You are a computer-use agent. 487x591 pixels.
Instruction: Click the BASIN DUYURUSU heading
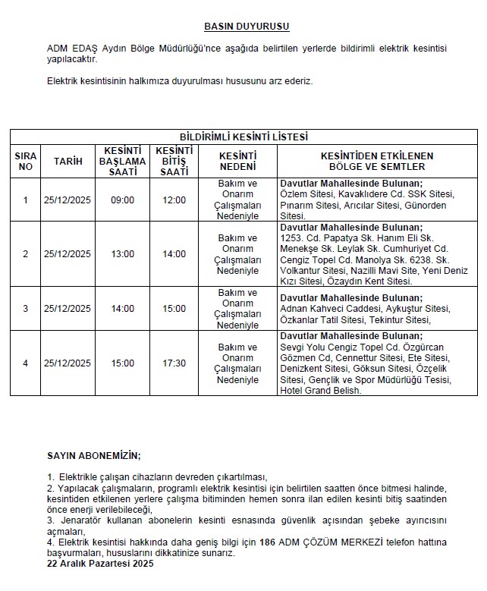tap(247, 27)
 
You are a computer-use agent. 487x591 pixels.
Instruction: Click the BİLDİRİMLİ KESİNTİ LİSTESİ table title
tap(243, 137)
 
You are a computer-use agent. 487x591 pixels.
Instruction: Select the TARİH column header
tap(68, 161)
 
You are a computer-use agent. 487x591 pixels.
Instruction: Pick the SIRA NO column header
tap(25, 161)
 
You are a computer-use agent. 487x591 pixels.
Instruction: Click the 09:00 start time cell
tap(123, 200)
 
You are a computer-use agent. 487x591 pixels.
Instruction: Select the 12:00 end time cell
tap(174, 200)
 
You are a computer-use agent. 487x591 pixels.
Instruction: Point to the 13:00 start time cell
tap(123, 254)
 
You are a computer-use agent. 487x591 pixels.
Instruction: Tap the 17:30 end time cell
tap(174, 363)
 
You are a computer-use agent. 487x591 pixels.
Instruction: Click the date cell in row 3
tap(68, 309)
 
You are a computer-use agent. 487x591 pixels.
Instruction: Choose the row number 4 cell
tap(25, 363)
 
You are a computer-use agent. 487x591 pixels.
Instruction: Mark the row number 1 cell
tap(25, 200)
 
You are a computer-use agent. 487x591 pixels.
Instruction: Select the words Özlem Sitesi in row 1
tap(303, 194)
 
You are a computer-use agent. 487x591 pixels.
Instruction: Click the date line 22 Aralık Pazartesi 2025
tap(100, 565)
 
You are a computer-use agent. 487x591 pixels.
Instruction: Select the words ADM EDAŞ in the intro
tap(68, 49)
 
